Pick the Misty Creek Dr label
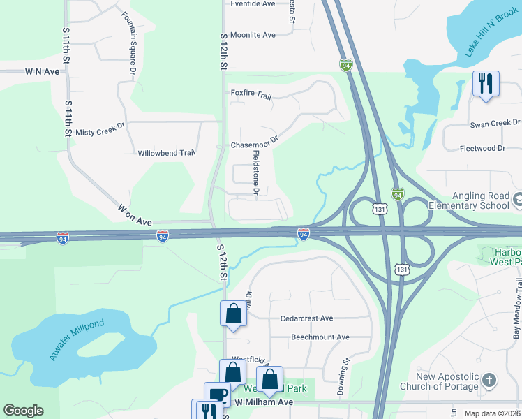pos(100,131)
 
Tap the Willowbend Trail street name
pos(166,153)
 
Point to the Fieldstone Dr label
pos(256,172)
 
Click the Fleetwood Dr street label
pos(482,148)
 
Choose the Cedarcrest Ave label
pos(306,318)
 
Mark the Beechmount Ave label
pos(320,337)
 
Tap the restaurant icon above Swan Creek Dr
pos(485,84)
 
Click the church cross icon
pos(489,381)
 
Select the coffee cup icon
pos(217,395)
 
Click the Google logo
pos(23,411)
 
